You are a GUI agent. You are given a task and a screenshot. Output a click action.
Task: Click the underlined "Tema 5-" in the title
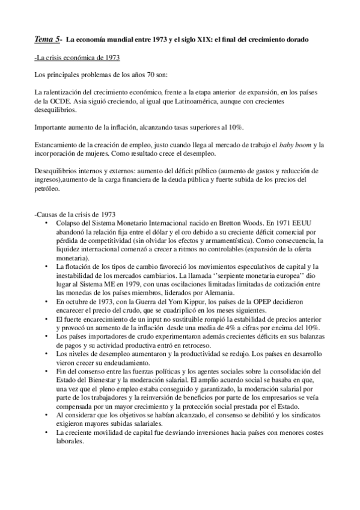pyautogui.click(x=48, y=40)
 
